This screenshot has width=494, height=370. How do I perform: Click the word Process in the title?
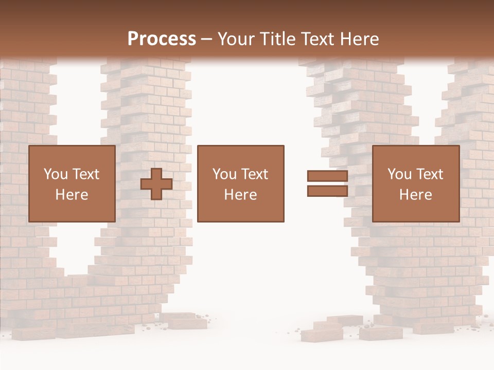[x=162, y=39]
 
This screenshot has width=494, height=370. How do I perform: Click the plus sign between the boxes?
[x=156, y=184]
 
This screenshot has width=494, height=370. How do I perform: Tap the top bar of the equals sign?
[x=327, y=176]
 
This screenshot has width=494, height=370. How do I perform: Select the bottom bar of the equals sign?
[x=327, y=191]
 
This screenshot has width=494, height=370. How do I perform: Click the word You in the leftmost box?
[x=55, y=174]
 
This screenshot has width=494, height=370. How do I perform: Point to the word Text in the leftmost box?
[x=85, y=174]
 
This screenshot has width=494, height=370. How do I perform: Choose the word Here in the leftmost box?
[x=72, y=195]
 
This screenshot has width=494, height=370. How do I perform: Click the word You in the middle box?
[x=224, y=174]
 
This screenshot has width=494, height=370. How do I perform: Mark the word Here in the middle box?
[x=240, y=195]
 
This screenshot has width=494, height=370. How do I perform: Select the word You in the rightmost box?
[x=399, y=174]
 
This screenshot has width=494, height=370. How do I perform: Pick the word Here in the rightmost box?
[x=415, y=195]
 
